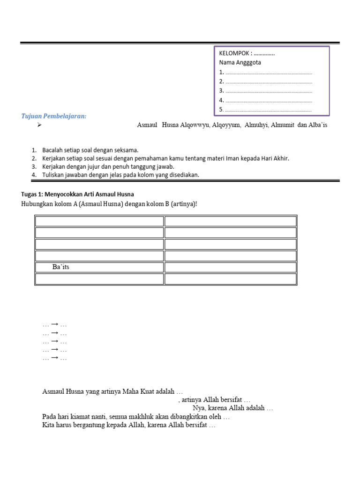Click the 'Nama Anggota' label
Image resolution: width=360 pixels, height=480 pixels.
tap(240, 62)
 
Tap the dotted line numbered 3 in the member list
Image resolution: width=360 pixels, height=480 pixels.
tap(268, 91)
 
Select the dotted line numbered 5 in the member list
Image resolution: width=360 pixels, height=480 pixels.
tap(268, 110)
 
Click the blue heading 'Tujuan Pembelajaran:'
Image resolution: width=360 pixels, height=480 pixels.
tap(54, 116)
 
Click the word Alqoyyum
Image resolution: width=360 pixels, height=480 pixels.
tap(226, 126)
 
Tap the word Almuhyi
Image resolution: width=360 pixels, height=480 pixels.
tap(256, 126)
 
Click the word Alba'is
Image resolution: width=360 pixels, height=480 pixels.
tap(317, 126)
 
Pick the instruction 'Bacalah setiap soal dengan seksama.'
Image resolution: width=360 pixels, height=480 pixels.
tap(90, 150)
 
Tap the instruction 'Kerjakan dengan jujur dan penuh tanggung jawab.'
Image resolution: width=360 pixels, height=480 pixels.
tap(108, 166)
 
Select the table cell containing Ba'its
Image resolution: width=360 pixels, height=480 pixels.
tap(99, 267)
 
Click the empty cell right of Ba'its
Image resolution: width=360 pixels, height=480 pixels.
tap(230, 267)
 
